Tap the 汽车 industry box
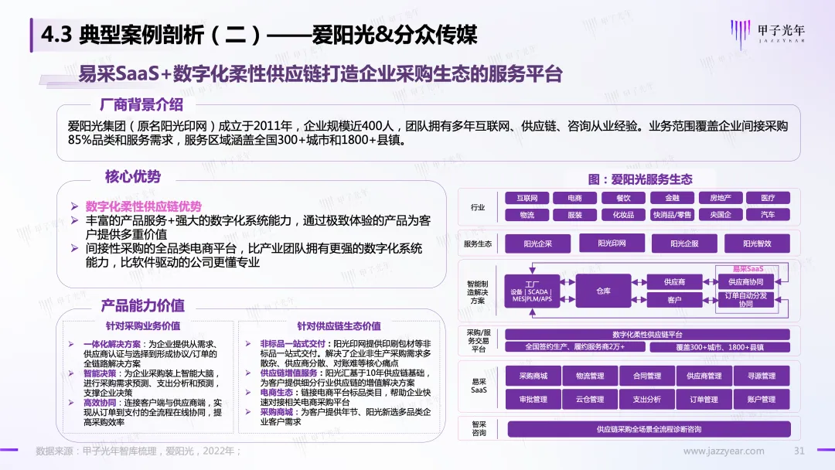coord(767,214)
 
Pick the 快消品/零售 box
coord(671,214)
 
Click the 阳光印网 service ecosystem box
coord(612,244)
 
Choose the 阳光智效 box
coord(757,244)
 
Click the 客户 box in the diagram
coord(674,299)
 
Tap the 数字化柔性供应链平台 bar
coord(647,334)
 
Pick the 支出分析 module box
coord(646,399)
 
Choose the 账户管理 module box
coord(762,399)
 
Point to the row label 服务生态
coord(478,244)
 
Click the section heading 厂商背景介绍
coord(141,104)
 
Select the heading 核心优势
coord(133,176)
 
